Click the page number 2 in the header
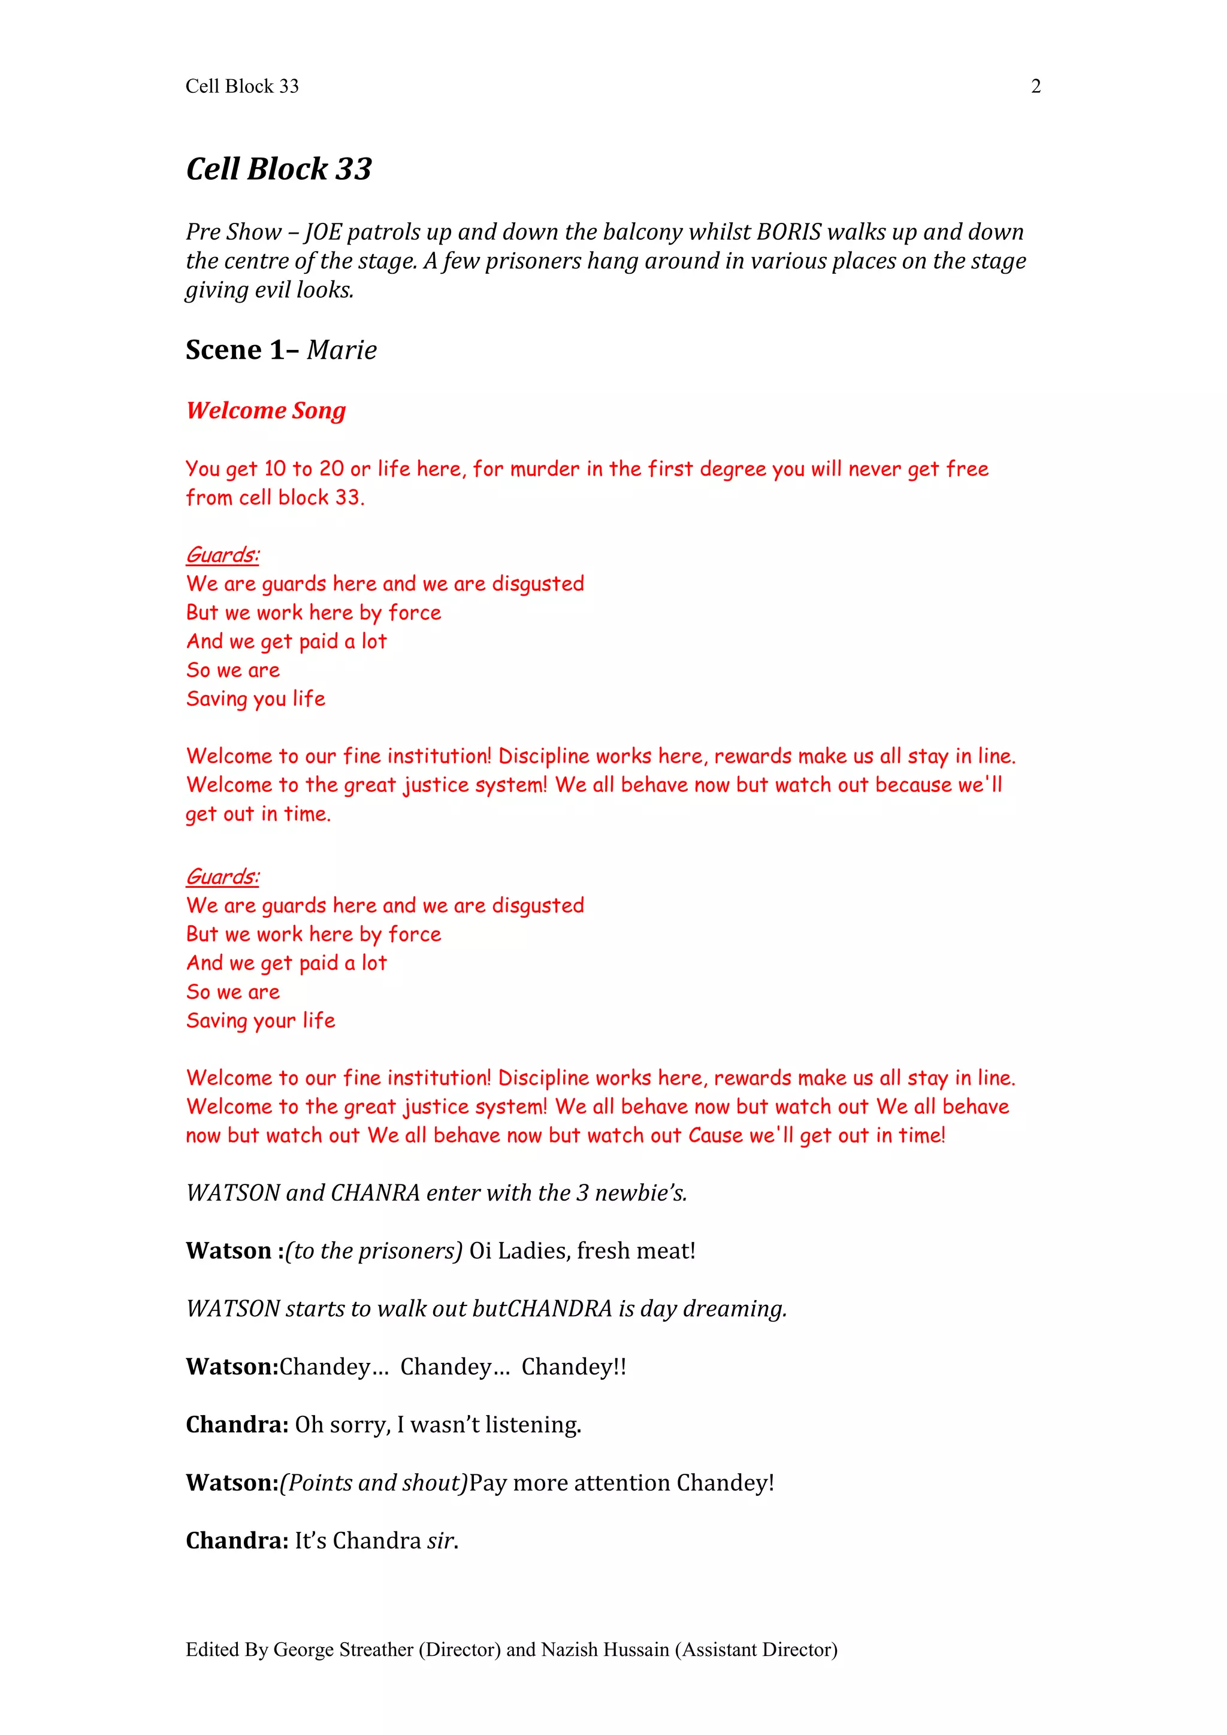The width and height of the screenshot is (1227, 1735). pyautogui.click(x=1035, y=87)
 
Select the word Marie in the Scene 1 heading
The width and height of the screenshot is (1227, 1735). pyautogui.click(x=341, y=350)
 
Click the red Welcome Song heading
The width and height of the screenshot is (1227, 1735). pyautogui.click(x=266, y=410)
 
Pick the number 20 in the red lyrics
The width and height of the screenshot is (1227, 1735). pyautogui.click(x=331, y=468)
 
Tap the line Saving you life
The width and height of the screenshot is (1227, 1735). pyautogui.click(x=255, y=699)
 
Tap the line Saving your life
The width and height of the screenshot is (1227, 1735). pyautogui.click(x=261, y=1021)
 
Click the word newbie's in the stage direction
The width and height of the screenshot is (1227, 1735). pyautogui.click(x=640, y=1193)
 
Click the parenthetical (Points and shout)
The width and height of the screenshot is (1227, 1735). pyautogui.click(x=374, y=1483)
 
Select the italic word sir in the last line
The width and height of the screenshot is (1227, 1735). pyautogui.click(x=440, y=1541)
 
